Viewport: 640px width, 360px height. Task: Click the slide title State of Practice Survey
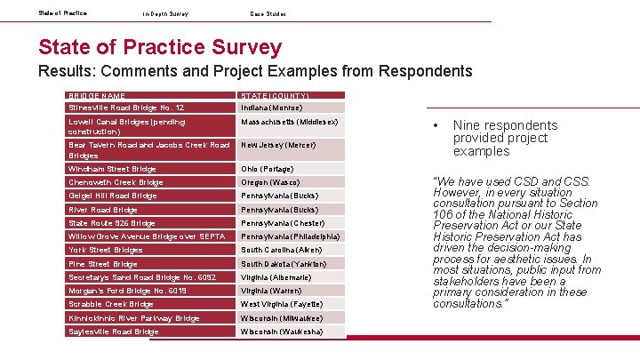pyautogui.click(x=160, y=47)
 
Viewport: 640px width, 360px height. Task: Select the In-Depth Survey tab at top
pyautogui.click(x=165, y=13)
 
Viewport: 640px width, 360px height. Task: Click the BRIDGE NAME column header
pyautogui.click(x=97, y=95)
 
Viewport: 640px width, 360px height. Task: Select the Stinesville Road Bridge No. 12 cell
pyautogui.click(x=126, y=107)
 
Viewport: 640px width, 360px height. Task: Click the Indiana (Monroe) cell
pyautogui.click(x=271, y=107)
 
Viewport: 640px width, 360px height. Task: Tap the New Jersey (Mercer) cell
pyautogui.click(x=277, y=144)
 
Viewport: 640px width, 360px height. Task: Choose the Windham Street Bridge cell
pyautogui.click(x=112, y=169)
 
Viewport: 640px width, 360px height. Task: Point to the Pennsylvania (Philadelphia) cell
pyautogui.click(x=290, y=236)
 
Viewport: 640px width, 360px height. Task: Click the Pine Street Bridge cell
pyautogui.click(x=102, y=264)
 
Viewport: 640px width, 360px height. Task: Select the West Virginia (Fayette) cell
pyautogui.click(x=281, y=304)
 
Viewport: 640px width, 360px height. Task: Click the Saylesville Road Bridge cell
pyautogui.click(x=113, y=332)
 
